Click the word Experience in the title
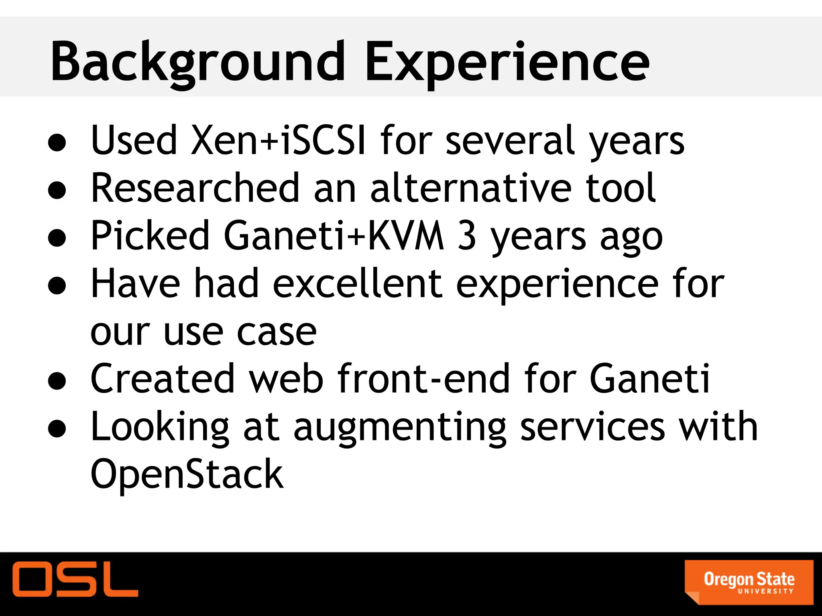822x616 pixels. [x=507, y=62]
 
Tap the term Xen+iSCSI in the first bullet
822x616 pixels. [x=228, y=140]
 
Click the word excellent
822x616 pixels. [x=357, y=284]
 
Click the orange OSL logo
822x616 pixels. [x=75, y=579]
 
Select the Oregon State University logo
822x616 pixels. [x=749, y=582]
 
